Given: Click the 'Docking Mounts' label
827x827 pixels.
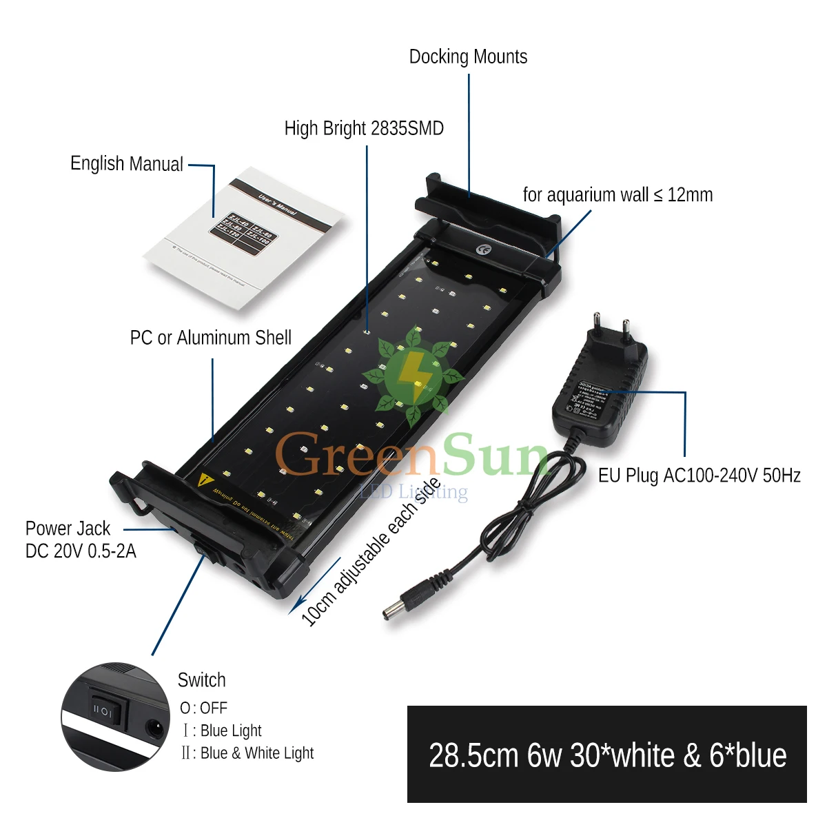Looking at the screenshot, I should click(468, 57).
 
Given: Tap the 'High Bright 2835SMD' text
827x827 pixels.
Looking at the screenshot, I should click(364, 128).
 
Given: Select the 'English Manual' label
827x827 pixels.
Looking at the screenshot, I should click(127, 164).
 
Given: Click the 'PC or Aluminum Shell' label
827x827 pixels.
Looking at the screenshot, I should click(211, 338).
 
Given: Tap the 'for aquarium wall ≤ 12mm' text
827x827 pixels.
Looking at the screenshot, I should click(617, 195).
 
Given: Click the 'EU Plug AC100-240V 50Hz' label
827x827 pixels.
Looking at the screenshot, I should click(699, 476).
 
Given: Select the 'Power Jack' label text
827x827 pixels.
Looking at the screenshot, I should click(68, 529).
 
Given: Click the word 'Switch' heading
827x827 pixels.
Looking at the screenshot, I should click(201, 680).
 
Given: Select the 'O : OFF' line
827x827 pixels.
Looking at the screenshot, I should click(203, 708).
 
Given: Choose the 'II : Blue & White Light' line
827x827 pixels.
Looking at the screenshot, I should click(247, 753).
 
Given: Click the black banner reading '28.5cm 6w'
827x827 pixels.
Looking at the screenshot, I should click(606, 755).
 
